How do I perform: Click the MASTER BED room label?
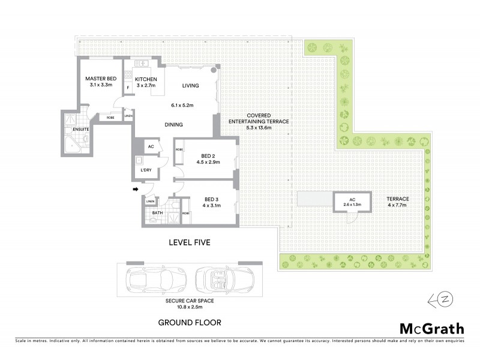[100, 79]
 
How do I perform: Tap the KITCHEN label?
[146, 79]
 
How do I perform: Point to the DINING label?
[174, 125]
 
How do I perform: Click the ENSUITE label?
[81, 129]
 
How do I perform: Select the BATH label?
[157, 212]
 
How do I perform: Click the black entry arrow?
[136, 190]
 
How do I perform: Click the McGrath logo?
[432, 328]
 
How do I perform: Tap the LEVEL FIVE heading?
[189, 242]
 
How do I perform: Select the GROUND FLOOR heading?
[189, 322]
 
